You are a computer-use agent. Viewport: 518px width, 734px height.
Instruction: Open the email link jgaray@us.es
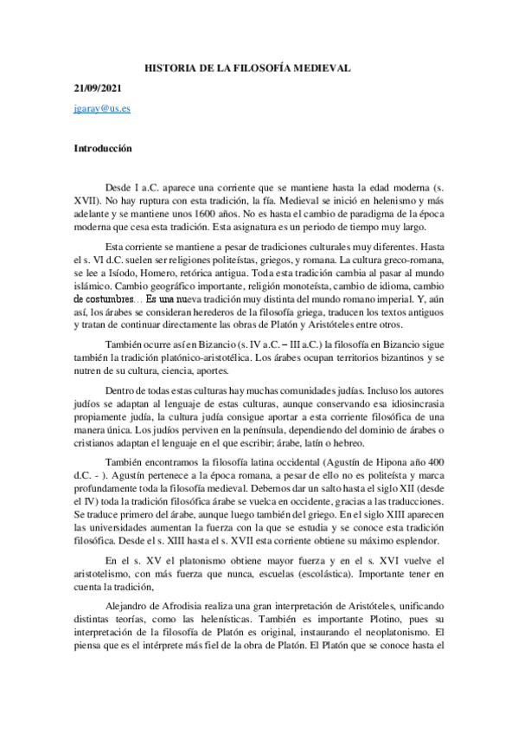pos(101,111)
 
